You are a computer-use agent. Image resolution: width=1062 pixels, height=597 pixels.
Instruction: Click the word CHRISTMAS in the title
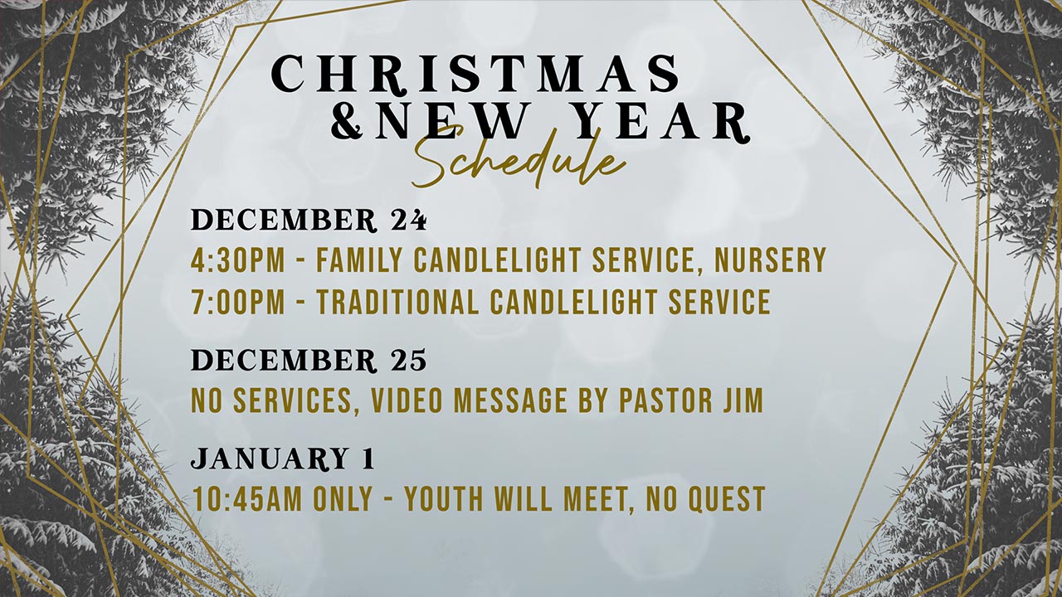click(x=475, y=74)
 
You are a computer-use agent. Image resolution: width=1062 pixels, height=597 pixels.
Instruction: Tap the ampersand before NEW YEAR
click(x=347, y=121)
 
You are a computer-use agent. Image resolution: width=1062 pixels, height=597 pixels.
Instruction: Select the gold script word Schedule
click(x=519, y=158)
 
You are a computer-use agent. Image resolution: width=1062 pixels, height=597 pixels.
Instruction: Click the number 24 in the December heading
click(x=408, y=220)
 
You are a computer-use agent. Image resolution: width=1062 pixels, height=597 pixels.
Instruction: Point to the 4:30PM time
click(x=238, y=260)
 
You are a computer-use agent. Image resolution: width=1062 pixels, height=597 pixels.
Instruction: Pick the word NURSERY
click(x=771, y=260)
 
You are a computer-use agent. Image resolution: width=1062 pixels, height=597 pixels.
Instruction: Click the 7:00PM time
click(x=238, y=301)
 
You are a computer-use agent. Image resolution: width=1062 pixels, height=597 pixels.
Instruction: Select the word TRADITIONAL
click(x=397, y=301)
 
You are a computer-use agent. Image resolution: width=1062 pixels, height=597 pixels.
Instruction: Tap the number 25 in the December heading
click(x=408, y=360)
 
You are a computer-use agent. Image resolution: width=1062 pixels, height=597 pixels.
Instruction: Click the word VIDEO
click(x=407, y=400)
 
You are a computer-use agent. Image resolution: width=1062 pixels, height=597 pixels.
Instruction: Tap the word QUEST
click(x=726, y=498)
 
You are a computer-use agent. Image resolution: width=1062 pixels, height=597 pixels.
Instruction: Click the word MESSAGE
click(x=510, y=400)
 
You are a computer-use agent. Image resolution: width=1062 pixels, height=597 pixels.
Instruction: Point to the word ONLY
click(x=343, y=498)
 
